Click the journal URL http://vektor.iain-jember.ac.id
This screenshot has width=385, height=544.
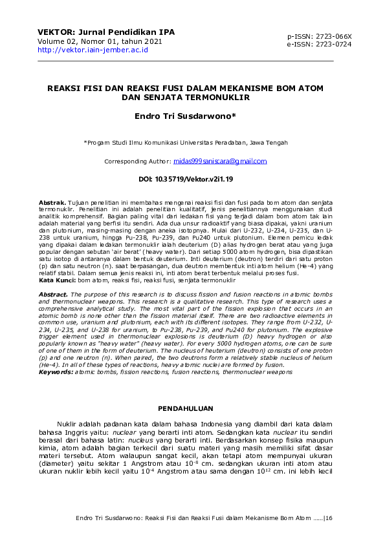[x=93, y=50]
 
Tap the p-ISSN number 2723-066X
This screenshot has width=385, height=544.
[x=330, y=37]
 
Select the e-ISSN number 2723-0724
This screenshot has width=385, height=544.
[x=330, y=45]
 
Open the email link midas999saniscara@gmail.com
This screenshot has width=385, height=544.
[x=220, y=161]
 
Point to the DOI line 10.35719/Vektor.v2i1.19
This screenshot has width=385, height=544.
[x=186, y=178]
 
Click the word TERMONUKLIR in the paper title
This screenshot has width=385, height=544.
[x=221, y=99]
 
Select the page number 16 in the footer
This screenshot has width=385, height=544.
[x=328, y=518]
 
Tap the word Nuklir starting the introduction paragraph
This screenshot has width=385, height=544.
[x=68, y=423]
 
